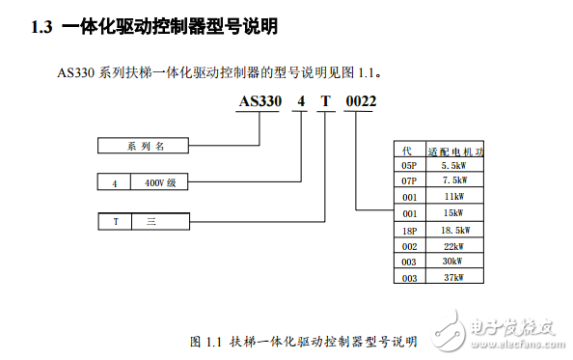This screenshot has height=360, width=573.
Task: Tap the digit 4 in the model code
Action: (x=300, y=101)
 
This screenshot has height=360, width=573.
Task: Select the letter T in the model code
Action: (x=327, y=101)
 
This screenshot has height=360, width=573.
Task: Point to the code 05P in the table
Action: (x=409, y=165)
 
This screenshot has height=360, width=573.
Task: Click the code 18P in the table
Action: (x=409, y=230)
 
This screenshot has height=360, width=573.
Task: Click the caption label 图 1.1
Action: (x=206, y=342)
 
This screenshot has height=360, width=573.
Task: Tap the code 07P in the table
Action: (x=409, y=180)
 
